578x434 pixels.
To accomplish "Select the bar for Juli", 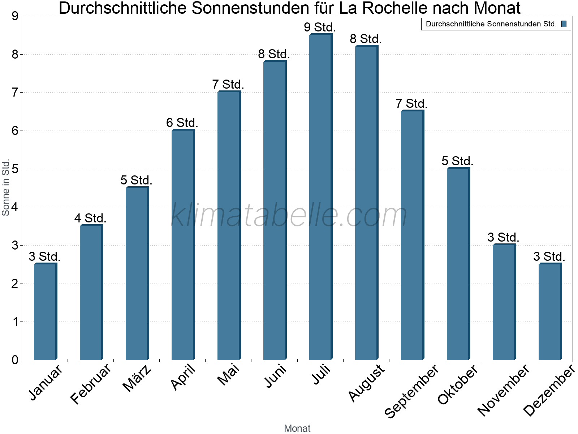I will (x=320, y=197).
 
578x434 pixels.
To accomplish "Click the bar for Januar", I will (x=45, y=312).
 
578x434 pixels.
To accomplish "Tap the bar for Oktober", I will (x=458, y=264).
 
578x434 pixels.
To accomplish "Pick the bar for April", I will (x=183, y=245).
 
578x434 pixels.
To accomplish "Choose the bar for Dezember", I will (x=550, y=312).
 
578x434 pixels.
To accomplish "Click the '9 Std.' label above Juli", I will (x=320, y=27).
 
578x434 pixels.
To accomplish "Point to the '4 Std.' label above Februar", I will (x=90, y=218).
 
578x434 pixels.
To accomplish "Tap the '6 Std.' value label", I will (x=182, y=123).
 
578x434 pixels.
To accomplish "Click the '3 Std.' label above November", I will (x=503, y=237).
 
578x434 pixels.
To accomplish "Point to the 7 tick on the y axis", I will (x=15, y=93).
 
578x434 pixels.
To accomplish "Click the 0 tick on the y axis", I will (x=15, y=360).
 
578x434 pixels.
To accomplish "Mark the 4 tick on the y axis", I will (x=15, y=207).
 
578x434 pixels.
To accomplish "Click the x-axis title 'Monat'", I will (x=297, y=428).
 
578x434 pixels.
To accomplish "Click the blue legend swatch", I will (x=564, y=24).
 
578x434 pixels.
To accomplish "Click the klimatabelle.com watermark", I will (x=289, y=215).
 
